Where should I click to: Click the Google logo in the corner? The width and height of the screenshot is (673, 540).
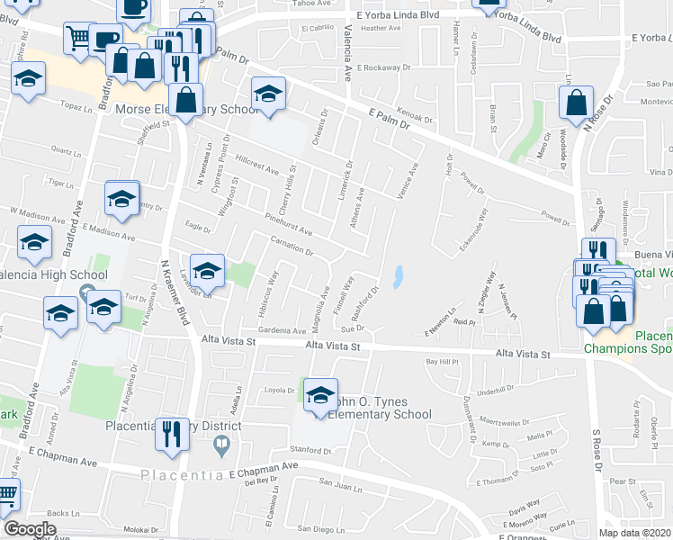point(30,529)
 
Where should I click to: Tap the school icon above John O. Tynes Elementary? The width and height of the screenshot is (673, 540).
point(320,394)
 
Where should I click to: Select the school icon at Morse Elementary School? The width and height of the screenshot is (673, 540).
point(268,94)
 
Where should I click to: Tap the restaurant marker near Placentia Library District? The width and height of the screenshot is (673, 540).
point(168,433)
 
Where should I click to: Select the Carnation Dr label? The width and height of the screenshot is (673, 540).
point(292,245)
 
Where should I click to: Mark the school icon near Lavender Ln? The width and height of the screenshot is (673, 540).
point(207,269)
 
